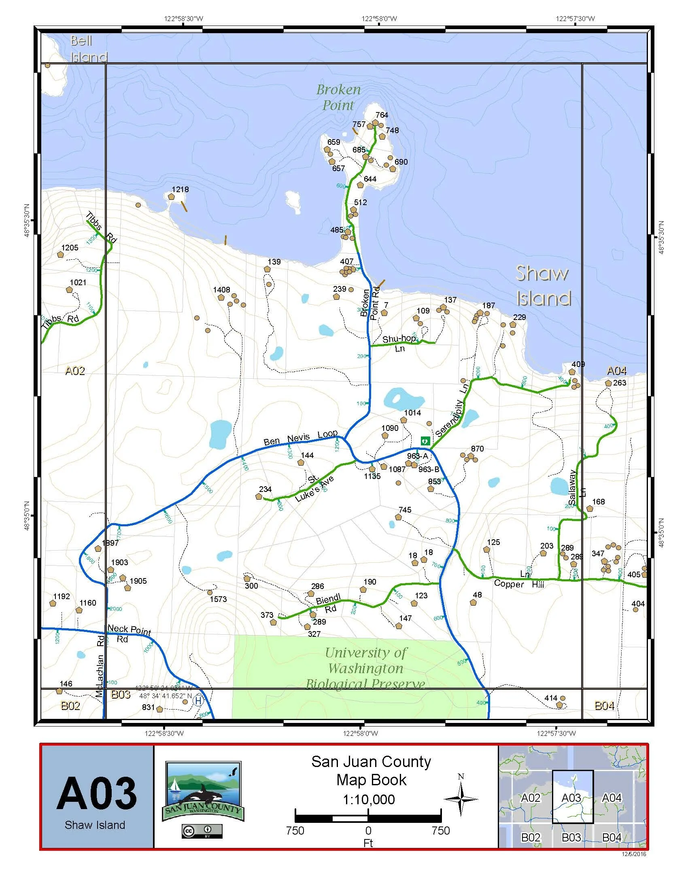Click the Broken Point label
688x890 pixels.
coord(338,97)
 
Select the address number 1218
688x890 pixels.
coord(180,189)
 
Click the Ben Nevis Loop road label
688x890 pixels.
coord(300,438)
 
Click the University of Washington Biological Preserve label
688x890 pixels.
coord(365,668)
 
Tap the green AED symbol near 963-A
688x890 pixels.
coord(425,441)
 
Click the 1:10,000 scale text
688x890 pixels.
coord(369,799)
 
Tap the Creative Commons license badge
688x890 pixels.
coord(202,831)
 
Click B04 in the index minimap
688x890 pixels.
coord(612,837)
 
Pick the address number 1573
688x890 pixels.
coord(218,600)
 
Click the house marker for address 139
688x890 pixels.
coord(268,269)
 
